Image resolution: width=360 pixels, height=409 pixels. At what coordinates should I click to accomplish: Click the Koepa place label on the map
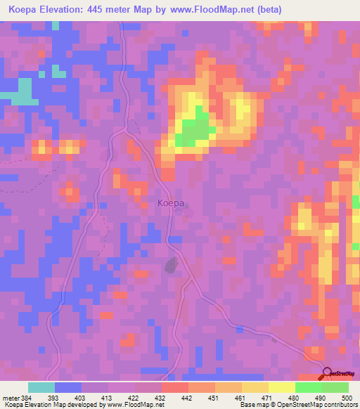pos(171,203)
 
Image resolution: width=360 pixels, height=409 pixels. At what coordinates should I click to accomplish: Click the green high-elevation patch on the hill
pos(195,130)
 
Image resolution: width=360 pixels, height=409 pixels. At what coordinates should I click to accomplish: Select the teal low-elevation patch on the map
pos(24,91)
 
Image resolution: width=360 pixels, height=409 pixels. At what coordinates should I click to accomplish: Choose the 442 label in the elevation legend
pos(186,397)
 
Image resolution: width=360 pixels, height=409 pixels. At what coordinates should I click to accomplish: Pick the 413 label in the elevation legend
pos(107,397)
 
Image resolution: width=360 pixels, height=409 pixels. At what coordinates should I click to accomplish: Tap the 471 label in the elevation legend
pos(266,397)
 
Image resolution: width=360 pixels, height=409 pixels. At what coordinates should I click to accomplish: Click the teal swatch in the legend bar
pos(41,387)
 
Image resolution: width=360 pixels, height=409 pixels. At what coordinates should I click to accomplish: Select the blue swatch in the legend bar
pos(68,387)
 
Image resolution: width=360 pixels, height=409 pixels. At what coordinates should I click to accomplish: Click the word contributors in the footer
pos(340,405)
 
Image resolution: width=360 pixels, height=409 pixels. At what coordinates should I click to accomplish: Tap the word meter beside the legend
pos(12,397)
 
